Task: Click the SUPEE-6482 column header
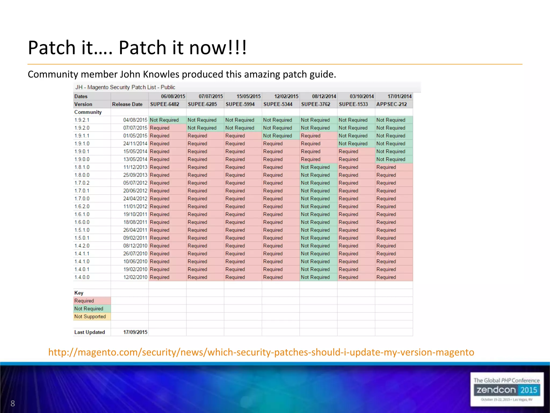[165, 104]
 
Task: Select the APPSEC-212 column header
[392, 104]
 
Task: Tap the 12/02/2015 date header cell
[286, 97]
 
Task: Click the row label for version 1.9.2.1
[82, 120]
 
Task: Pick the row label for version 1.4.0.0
[82, 277]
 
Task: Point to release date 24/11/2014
[135, 144]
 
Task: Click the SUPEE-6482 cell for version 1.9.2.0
[160, 128]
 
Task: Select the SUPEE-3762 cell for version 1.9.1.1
[311, 136]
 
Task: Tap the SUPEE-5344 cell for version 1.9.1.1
[277, 136]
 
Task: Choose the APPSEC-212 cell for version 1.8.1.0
[386, 167]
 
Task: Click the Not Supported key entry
[90, 316]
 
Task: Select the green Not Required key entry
[89, 309]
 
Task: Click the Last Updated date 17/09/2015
[135, 332]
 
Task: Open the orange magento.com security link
[261, 352]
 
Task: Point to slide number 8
[13, 403]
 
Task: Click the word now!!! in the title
[218, 48]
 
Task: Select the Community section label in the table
[88, 112]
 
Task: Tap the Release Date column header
[127, 104]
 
